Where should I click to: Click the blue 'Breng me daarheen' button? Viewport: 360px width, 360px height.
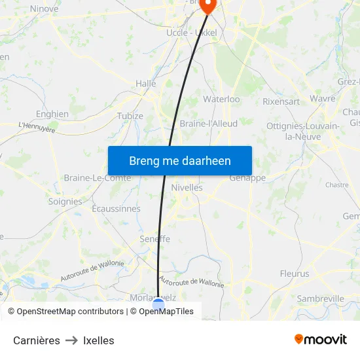pyautogui.click(x=179, y=160)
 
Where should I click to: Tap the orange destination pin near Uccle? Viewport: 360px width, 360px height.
pyautogui.click(x=207, y=6)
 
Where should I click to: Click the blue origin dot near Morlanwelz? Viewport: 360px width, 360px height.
pyautogui.click(x=158, y=304)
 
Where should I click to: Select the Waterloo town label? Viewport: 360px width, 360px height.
pyautogui.click(x=221, y=99)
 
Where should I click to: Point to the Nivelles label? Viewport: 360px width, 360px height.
pyautogui.click(x=187, y=187)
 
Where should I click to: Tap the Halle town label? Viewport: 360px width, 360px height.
pyautogui.click(x=145, y=84)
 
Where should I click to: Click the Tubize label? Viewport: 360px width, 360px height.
pyautogui.click(x=130, y=116)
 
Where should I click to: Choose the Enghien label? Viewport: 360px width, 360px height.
pyautogui.click(x=52, y=114)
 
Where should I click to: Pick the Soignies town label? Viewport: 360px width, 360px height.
pyautogui.click(x=65, y=202)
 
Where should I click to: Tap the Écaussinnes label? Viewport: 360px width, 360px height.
pyautogui.click(x=116, y=209)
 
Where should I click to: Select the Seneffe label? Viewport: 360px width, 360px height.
pyautogui.click(x=154, y=240)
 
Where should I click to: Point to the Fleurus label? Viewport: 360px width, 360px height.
pyautogui.click(x=294, y=274)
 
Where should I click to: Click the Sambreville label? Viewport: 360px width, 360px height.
pyautogui.click(x=320, y=298)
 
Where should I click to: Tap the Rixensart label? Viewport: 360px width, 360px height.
pyautogui.click(x=281, y=101)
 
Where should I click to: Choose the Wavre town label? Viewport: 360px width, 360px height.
pyautogui.click(x=322, y=99)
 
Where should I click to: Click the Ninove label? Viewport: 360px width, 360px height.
pyautogui.click(x=44, y=9)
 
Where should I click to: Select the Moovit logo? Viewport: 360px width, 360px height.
pyautogui.click(x=321, y=340)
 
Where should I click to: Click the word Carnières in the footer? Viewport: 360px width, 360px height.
pyautogui.click(x=37, y=340)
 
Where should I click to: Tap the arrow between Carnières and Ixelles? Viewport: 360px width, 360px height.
pyautogui.click(x=71, y=340)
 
